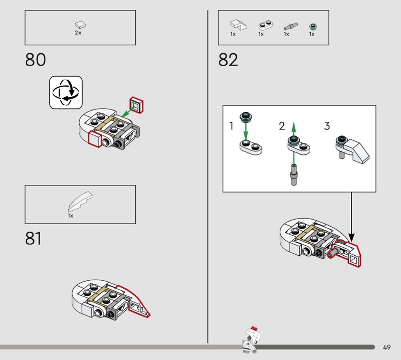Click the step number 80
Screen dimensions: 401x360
[36, 60]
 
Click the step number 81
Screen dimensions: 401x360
[33, 238]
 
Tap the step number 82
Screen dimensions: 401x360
[228, 60]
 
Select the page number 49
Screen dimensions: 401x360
[386, 347]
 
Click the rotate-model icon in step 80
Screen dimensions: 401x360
[66, 92]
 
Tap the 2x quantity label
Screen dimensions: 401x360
[78, 33]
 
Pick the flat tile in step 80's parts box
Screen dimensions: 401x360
[80, 25]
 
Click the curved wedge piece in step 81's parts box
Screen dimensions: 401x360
[80, 202]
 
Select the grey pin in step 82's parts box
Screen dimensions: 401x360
[291, 27]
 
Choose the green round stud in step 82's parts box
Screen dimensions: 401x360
[313, 27]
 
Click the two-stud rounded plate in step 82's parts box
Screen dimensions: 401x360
[265, 25]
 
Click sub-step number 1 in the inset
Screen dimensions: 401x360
[232, 126]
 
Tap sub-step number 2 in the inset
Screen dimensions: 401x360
[282, 126]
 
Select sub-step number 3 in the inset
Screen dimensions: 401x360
[327, 126]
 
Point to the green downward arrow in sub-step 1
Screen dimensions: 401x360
[246, 131]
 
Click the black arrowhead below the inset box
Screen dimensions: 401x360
[352, 237]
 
